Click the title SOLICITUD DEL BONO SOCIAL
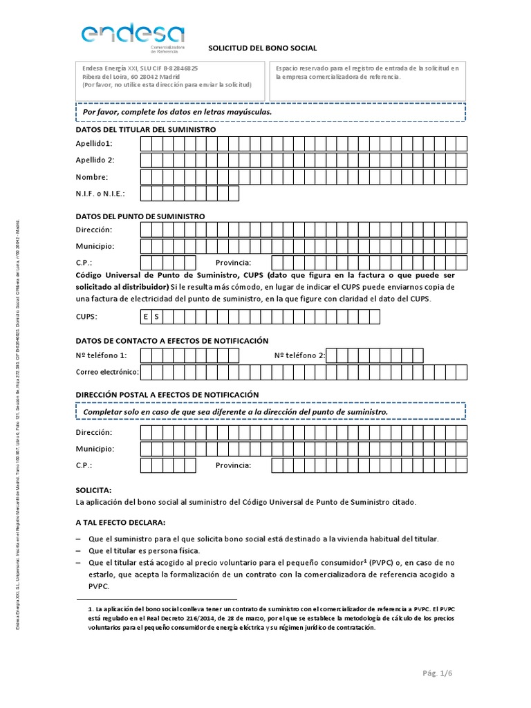(x=263, y=48)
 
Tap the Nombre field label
(x=92, y=177)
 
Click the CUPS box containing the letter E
(x=146, y=317)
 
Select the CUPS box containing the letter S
(x=157, y=317)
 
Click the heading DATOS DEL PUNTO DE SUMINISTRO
(x=140, y=216)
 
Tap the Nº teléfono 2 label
(x=299, y=356)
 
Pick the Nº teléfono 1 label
(x=102, y=356)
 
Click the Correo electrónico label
(x=107, y=373)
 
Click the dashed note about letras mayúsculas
(x=270, y=111)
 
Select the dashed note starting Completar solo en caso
(x=270, y=411)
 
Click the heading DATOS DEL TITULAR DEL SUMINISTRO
(x=146, y=130)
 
